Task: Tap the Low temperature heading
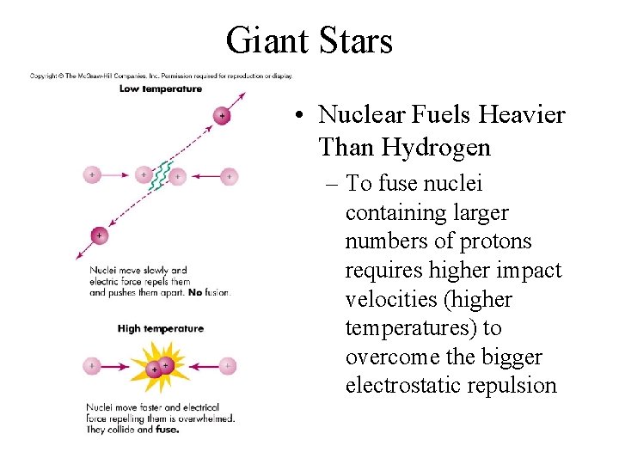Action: (x=161, y=89)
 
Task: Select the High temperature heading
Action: (x=161, y=328)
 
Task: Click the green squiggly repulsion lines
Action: (x=161, y=174)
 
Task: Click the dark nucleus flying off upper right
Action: (x=222, y=114)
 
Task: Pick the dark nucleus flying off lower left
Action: (x=99, y=235)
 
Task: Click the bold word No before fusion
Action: (x=194, y=292)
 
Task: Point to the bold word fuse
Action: (x=168, y=430)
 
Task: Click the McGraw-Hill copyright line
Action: (x=162, y=76)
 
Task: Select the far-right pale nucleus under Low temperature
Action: (x=228, y=176)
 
